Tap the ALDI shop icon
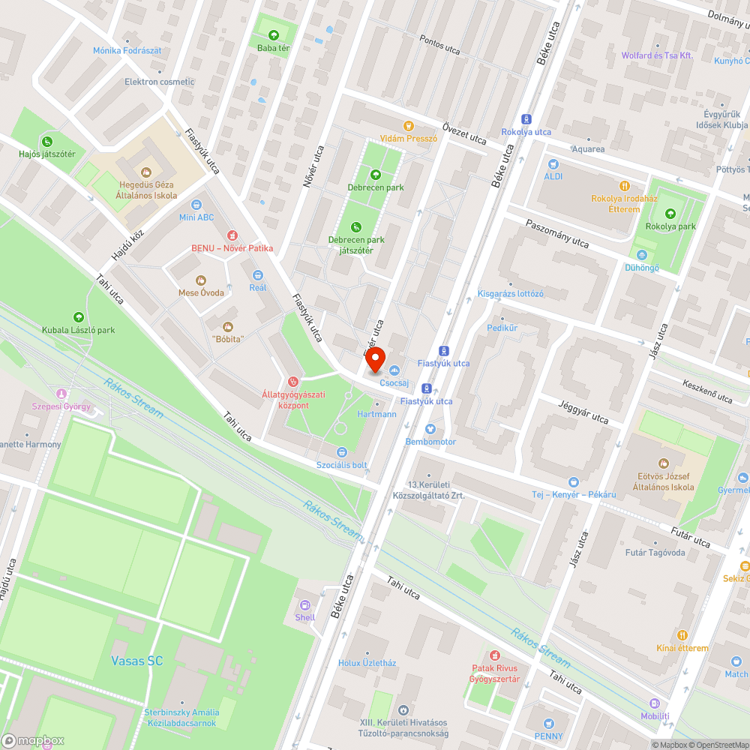coord(553,163)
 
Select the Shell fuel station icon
coord(304,604)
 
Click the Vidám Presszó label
coord(408,139)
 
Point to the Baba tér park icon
coord(273,34)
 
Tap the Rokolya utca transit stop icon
coord(526,118)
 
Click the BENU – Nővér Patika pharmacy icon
coord(232,235)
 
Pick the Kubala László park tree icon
coord(78,316)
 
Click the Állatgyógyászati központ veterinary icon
coord(292,382)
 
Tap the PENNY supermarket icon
coord(549,723)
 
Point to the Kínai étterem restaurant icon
coord(681,634)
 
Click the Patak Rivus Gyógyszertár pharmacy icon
coord(494,655)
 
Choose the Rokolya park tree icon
coord(670,214)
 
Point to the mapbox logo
coord(34,740)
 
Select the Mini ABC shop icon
coord(196,204)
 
